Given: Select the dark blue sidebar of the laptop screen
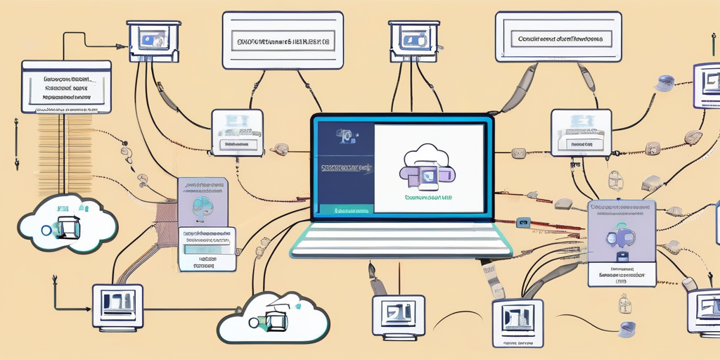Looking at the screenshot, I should pos(344,169).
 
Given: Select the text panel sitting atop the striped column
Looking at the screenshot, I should pos(67,86).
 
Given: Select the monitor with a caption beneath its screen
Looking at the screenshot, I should pos(517,321).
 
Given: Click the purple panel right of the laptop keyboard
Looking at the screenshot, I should pos(621,243).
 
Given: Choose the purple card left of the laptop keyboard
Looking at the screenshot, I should pos(205,204).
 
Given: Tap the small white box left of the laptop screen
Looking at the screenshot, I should pos(237,131).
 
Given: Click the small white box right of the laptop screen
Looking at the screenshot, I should pos(581,131).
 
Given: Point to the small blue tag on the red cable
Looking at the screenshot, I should pos(522,223).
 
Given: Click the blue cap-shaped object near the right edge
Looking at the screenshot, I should pos(664,84).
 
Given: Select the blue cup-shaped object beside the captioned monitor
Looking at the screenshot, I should pos(628,326).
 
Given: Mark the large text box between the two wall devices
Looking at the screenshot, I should pos(283,39).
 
